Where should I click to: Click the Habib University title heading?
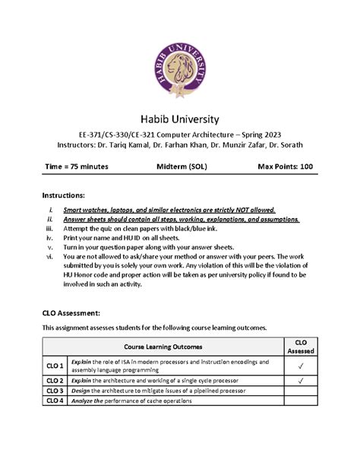point(180,119)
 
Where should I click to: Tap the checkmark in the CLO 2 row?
point(301,379)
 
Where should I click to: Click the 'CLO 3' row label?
point(54,391)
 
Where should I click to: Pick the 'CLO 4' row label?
point(54,401)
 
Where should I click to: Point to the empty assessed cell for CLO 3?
point(301,391)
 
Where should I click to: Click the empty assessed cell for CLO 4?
point(301,401)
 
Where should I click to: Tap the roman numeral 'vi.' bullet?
point(49,257)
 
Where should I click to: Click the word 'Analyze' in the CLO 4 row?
point(84,401)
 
